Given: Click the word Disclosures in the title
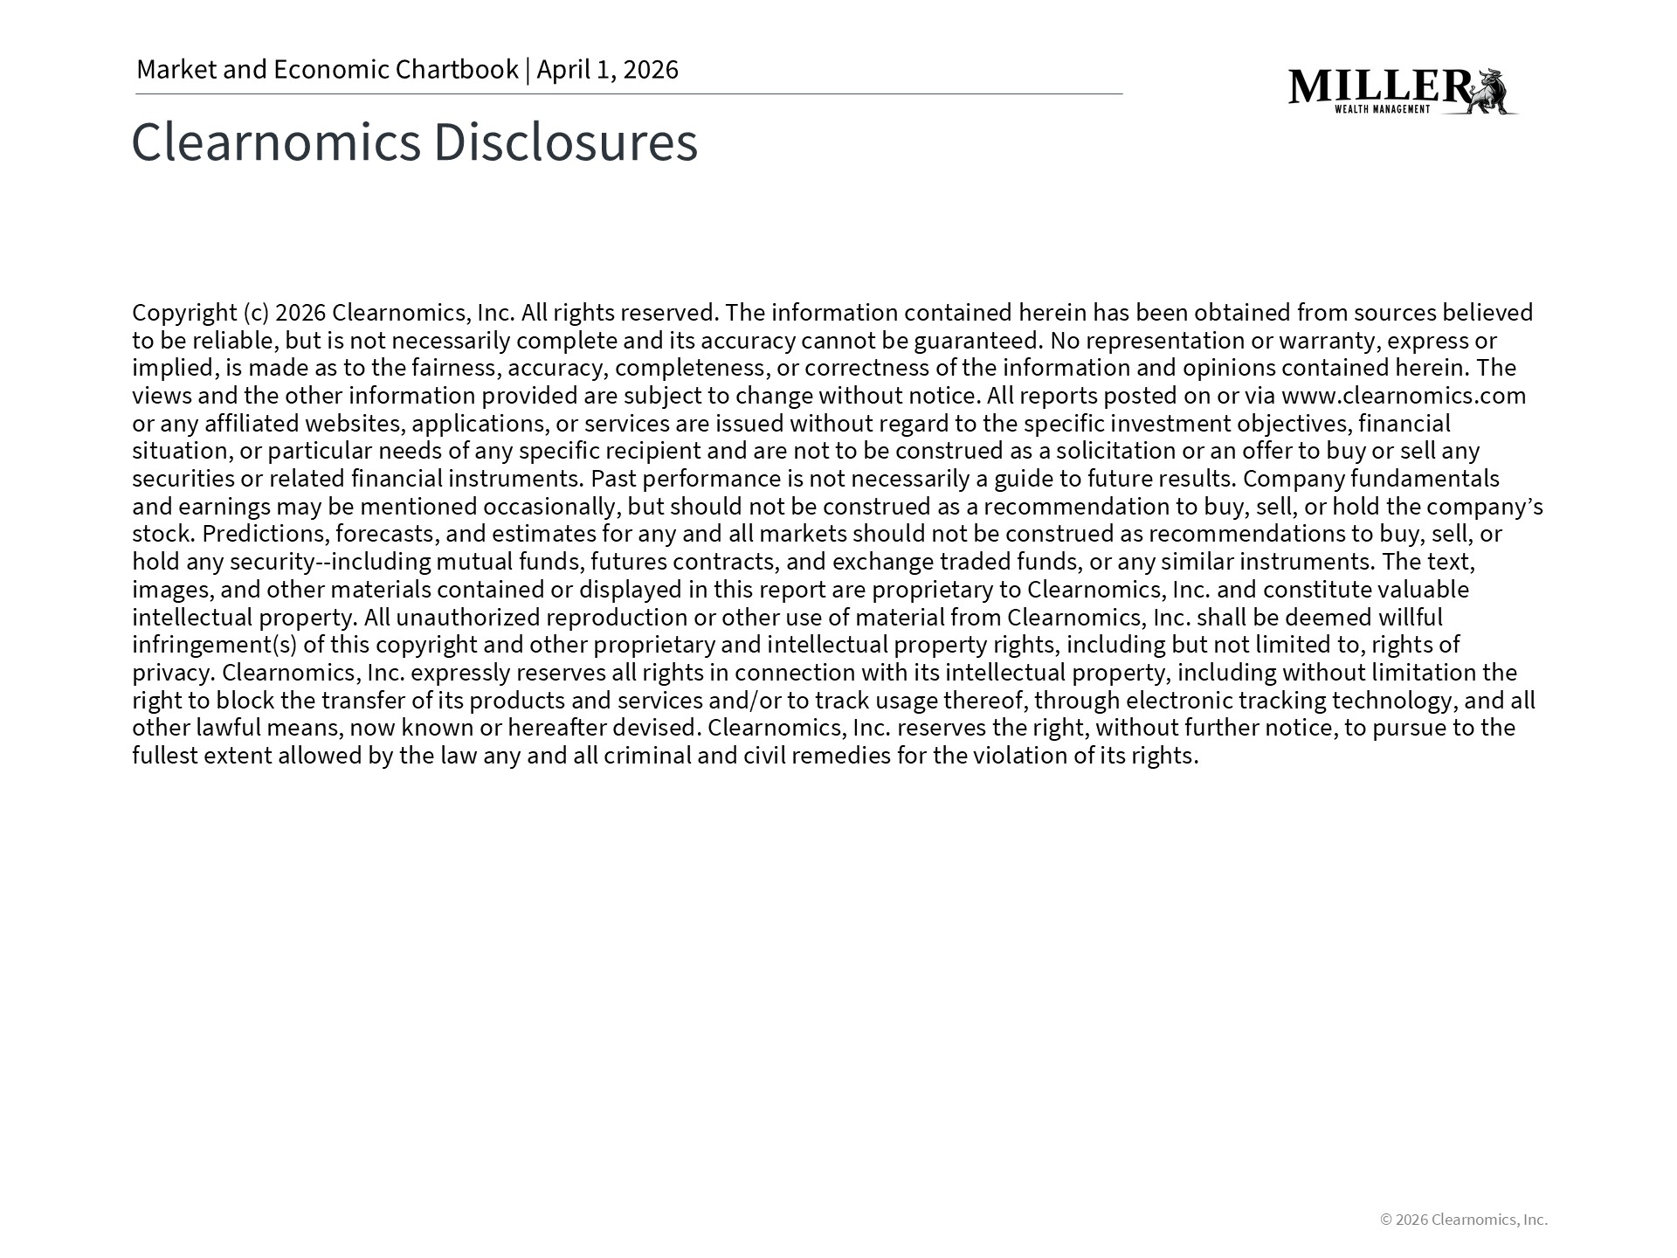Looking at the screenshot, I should tap(565, 142).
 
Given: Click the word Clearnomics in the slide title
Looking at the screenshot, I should tap(276, 142).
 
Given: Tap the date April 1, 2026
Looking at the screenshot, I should tap(607, 70).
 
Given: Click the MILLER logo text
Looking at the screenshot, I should tap(1380, 86).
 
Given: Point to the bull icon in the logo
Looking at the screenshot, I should tap(1493, 92).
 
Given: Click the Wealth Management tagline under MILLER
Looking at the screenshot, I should tap(1382, 109).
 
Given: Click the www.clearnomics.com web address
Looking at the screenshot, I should tap(1403, 396).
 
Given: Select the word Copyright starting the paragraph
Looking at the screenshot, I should tap(184, 313).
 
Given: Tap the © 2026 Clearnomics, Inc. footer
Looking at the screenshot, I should tap(1463, 1220).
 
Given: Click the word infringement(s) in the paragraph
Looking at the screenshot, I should tap(214, 645).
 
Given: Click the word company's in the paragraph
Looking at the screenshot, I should tap(1485, 507).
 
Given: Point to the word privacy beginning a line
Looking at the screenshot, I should tap(172, 673).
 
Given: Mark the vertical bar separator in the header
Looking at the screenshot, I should tap(528, 70).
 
